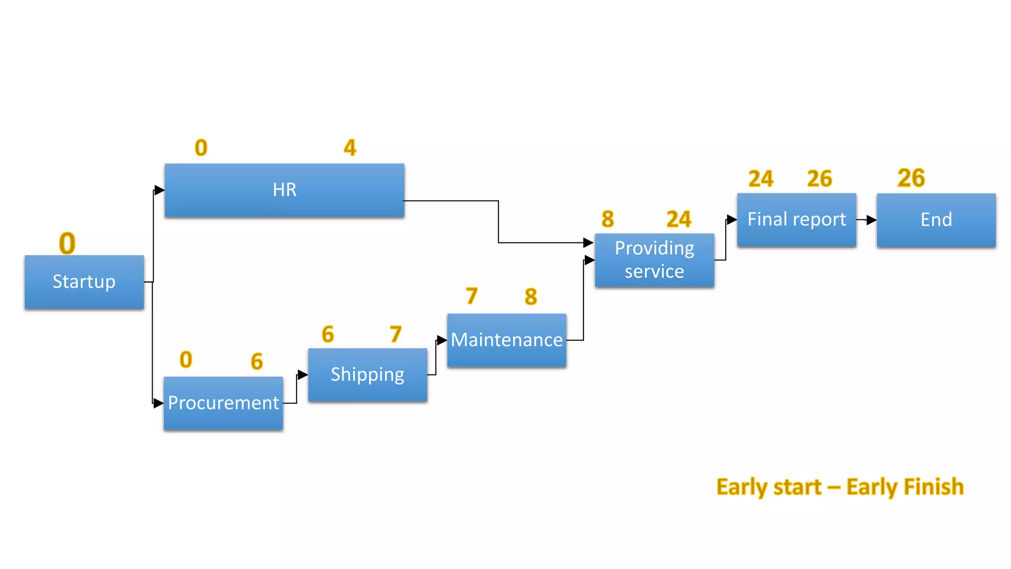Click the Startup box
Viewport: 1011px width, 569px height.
[84, 282]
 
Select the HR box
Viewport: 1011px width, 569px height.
[284, 190]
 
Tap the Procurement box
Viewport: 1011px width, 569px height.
[223, 403]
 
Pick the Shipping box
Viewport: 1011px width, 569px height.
[367, 375]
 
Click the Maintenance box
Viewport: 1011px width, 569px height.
[506, 340]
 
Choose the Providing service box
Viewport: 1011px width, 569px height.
[654, 260]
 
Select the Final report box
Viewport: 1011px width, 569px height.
[796, 220]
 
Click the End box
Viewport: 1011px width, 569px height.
[936, 220]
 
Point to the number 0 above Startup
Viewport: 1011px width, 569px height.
[67, 243]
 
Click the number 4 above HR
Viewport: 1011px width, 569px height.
[350, 148]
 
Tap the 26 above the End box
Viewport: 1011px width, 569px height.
[911, 178]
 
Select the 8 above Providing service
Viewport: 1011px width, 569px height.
[608, 219]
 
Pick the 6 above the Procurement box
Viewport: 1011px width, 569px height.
[257, 361]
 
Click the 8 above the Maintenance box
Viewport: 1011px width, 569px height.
[531, 296]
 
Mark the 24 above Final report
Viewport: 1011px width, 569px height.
[761, 179]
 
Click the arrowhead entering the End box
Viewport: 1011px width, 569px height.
[871, 220]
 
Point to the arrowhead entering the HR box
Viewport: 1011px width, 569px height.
[159, 190]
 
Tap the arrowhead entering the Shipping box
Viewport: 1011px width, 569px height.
[303, 375]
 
